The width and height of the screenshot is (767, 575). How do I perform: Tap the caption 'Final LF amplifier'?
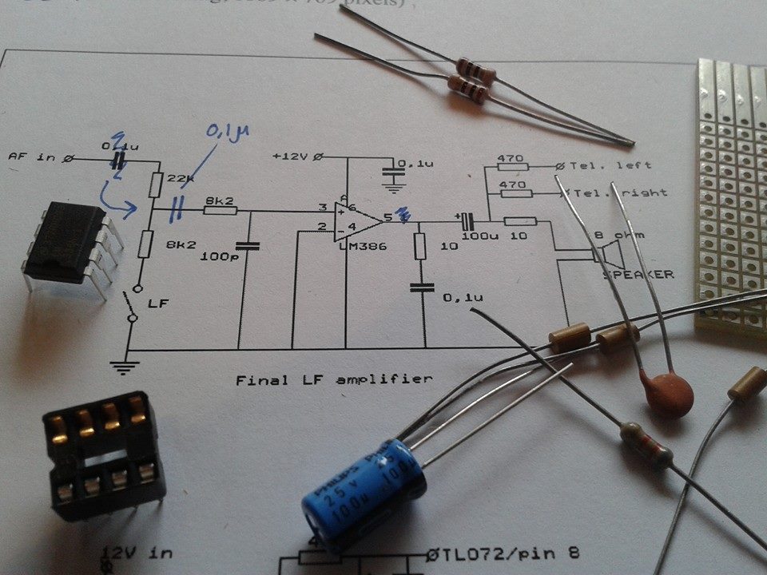click(x=333, y=379)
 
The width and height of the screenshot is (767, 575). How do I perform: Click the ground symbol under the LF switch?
click(x=121, y=367)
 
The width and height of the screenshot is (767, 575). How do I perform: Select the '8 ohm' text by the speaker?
click(x=622, y=236)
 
